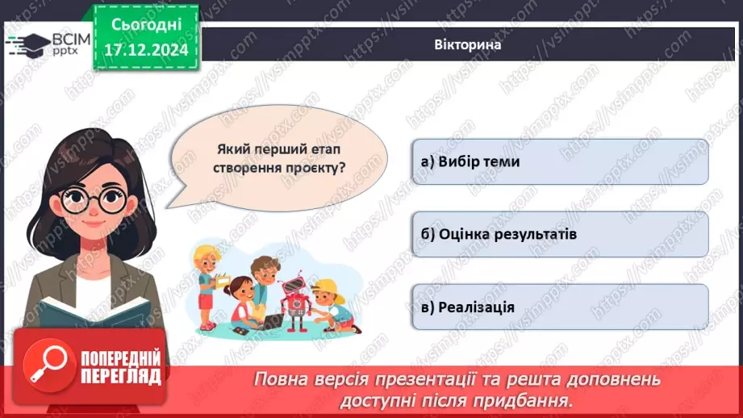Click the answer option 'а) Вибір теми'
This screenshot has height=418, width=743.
(559, 161)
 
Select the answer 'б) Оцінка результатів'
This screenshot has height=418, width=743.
(559, 234)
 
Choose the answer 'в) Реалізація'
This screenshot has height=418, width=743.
(559, 307)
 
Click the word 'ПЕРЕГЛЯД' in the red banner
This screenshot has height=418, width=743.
(121, 376)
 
